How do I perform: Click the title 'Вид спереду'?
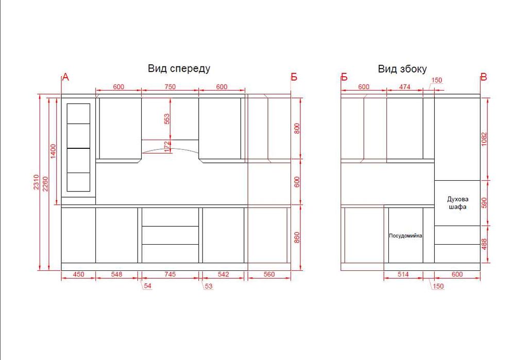[x=179, y=68]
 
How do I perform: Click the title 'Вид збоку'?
[x=402, y=69]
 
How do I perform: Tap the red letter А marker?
[x=65, y=77]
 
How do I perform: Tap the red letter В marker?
[x=484, y=77]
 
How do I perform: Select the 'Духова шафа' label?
[x=457, y=202]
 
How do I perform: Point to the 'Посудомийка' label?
[x=405, y=235]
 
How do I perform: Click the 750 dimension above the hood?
[x=170, y=87]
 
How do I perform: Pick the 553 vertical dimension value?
[x=167, y=119]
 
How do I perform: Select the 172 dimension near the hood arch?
[x=167, y=147]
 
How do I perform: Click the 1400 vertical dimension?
[x=53, y=151]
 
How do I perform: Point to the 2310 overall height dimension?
[x=36, y=182]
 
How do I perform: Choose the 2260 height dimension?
[x=45, y=184]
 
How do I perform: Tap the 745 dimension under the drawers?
[x=170, y=275]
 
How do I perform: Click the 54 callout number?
[x=148, y=286]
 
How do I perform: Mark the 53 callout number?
[x=209, y=286]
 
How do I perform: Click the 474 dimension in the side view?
[x=404, y=87]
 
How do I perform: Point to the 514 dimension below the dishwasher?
[x=403, y=275]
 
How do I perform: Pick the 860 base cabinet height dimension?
[x=297, y=237]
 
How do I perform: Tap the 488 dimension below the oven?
[x=484, y=244]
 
